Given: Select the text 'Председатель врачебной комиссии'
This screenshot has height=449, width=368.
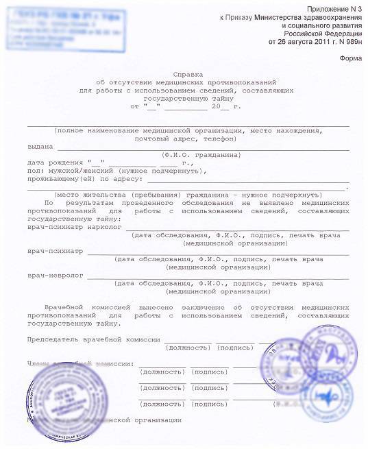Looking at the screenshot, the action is [93, 339].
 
